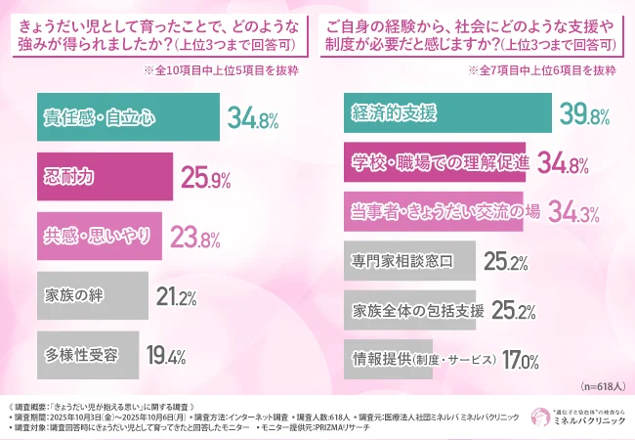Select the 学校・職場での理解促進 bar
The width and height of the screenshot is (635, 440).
pyautogui.click(x=436, y=163)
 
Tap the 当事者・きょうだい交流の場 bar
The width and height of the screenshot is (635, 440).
pyautogui.click(x=435, y=212)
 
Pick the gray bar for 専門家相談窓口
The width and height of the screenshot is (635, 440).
pyautogui.click(x=410, y=261)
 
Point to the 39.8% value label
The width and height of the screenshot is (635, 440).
pyautogui.click(x=585, y=115)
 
